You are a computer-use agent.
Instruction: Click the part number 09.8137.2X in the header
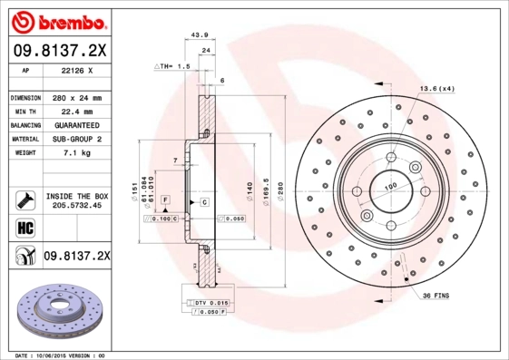tap(60, 51)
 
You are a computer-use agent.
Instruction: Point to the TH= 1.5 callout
tap(172, 66)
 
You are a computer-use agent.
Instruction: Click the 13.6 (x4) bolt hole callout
tap(436, 88)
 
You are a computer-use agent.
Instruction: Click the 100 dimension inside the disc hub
tap(391, 188)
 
